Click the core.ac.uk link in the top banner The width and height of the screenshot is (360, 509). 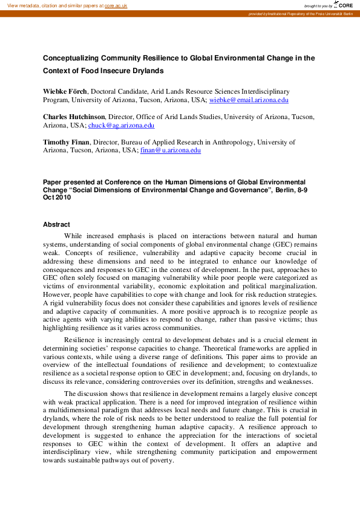pos(116,5)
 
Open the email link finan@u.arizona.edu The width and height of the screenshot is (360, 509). pos(170,151)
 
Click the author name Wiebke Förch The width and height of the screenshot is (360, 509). pos(66,91)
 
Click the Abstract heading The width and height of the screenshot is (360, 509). pos(56,224)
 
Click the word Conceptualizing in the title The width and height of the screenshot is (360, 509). pos(70,59)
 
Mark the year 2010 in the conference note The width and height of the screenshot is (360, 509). pos(63,197)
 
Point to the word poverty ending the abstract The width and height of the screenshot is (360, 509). pos(160,459)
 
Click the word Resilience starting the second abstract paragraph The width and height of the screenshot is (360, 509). pos(82,340)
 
